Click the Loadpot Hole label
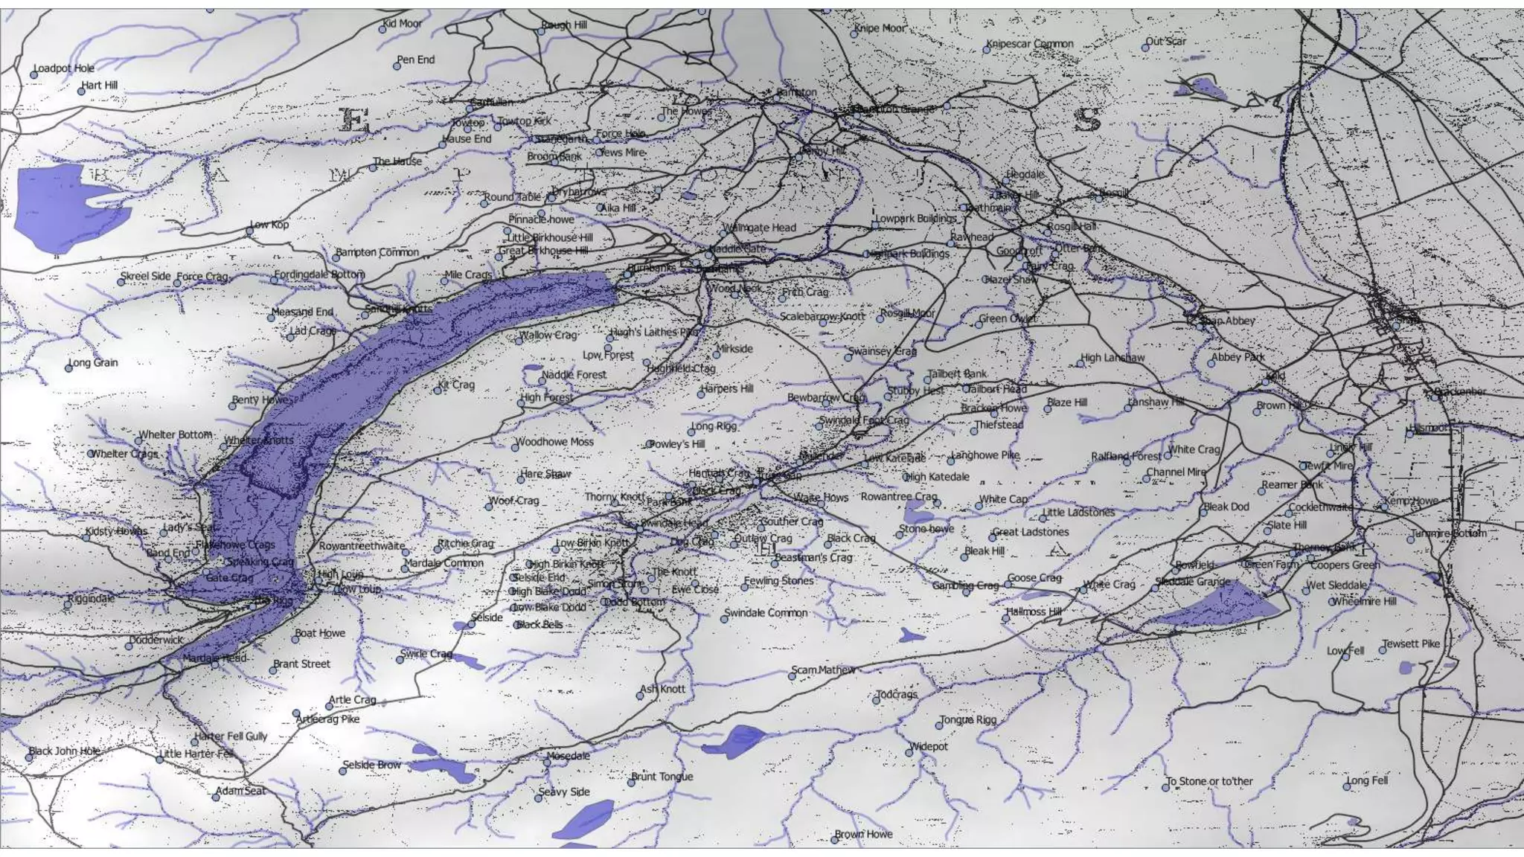(65, 68)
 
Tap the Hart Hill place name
(100, 86)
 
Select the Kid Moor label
(403, 24)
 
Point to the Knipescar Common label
(1031, 44)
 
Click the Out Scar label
(1166, 42)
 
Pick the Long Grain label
(94, 363)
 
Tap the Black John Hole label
(65, 751)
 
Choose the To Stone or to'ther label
(1210, 782)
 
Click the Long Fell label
(1368, 781)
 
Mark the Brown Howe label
(864, 835)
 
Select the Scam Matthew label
(823, 670)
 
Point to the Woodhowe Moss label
(555, 442)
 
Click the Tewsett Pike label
(1412, 644)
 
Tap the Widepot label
(929, 746)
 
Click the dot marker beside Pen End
(397, 66)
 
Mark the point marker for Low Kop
(250, 231)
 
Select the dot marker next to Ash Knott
(640, 696)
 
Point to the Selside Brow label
(372, 765)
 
